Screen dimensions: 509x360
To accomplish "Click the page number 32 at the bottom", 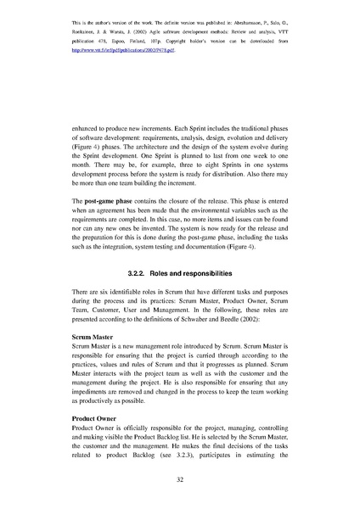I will (x=180, y=479).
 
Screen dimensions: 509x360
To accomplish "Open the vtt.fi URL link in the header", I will (x=115, y=51).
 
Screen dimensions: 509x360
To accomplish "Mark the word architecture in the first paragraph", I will (x=170, y=149).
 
